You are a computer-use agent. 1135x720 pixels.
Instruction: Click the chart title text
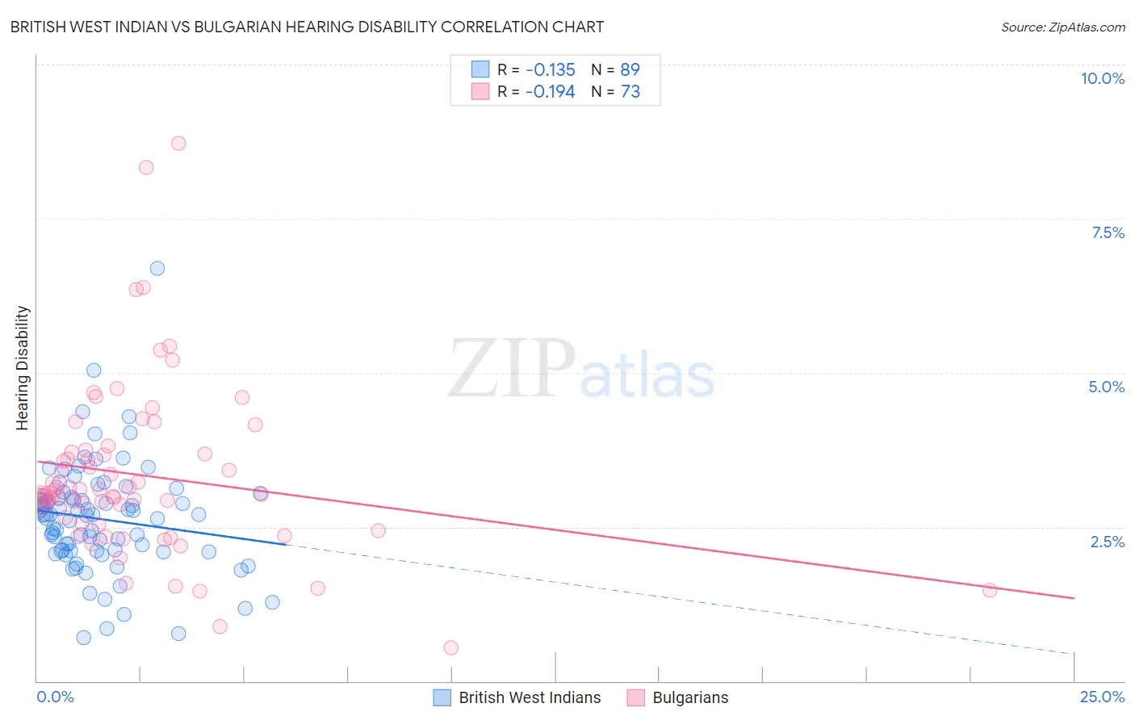(x=307, y=27)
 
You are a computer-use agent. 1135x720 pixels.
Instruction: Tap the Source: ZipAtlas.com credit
(x=1062, y=27)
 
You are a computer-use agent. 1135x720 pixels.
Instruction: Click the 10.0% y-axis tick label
(x=1102, y=78)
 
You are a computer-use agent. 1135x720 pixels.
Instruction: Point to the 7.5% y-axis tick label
(x=1108, y=232)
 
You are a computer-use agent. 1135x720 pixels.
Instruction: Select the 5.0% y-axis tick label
(x=1106, y=387)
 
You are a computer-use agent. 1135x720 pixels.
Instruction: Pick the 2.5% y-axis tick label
(x=1107, y=542)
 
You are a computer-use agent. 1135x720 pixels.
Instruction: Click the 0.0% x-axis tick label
(x=55, y=697)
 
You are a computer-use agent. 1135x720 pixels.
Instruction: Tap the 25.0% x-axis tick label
(x=1102, y=697)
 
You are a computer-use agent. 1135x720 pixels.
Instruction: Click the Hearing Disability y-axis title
(x=23, y=368)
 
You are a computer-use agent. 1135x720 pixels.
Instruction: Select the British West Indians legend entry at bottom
(x=517, y=698)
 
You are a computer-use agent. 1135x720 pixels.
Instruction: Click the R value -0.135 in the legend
(x=550, y=69)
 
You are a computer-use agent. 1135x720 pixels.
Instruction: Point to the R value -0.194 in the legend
(x=550, y=92)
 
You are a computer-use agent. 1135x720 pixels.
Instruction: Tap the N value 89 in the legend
(x=630, y=69)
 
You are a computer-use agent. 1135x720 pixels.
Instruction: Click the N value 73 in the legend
(x=630, y=92)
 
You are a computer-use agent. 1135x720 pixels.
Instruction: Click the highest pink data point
(x=178, y=143)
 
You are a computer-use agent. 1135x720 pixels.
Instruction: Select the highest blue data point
(x=157, y=268)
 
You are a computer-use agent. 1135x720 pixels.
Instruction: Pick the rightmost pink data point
(x=990, y=590)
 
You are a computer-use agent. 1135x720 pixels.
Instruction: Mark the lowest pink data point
(x=451, y=647)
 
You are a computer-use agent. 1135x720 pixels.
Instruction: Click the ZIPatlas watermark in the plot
(x=581, y=370)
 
